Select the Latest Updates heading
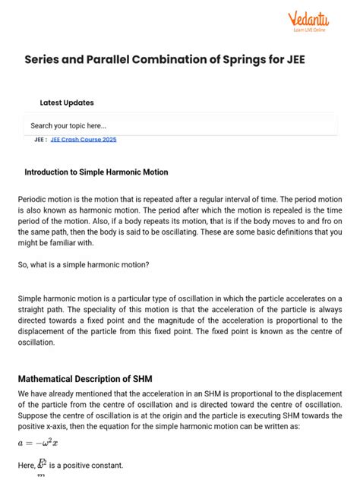pyautogui.click(x=67, y=103)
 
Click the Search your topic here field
pyautogui.click(x=180, y=125)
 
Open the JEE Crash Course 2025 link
pyautogui.click(x=84, y=140)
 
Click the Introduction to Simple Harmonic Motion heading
pyautogui.click(x=96, y=172)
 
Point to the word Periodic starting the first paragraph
pyautogui.click(x=34, y=199)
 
